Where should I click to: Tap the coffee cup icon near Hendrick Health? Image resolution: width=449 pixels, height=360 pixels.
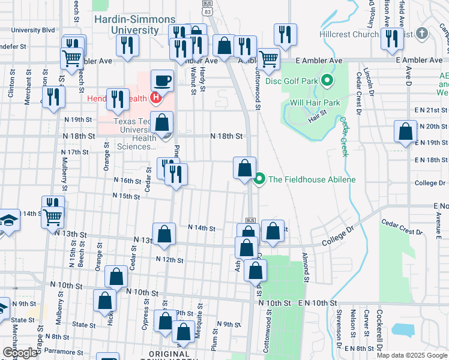pos(163,80)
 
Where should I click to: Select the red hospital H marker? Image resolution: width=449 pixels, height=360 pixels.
pos(156,98)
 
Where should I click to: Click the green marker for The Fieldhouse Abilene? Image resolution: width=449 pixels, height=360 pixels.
pos(260,179)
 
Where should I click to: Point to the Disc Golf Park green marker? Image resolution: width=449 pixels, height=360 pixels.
pos(327,79)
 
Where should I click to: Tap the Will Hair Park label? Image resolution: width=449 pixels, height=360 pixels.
pos(315,103)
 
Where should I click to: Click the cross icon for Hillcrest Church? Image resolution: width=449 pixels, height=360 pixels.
pos(421,34)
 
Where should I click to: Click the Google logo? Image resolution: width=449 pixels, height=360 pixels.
pos(20,353)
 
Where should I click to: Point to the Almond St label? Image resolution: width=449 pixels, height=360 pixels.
pos(306,268)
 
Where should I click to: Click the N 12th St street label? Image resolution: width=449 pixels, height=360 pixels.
pos(169,259)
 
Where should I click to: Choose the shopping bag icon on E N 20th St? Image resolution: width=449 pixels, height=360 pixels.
pos(406,131)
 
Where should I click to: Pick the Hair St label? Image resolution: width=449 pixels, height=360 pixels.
pos(317,115)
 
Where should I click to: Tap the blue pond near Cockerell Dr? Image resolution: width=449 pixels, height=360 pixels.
pos(403,329)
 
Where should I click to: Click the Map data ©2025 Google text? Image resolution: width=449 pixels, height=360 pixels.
pos(411,355)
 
